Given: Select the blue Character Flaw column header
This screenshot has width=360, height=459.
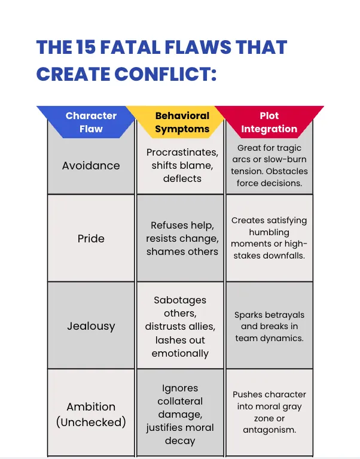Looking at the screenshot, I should [x=91, y=122].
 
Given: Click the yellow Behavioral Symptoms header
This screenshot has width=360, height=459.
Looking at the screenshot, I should [x=182, y=122].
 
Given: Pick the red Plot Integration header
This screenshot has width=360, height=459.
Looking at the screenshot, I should [x=269, y=122].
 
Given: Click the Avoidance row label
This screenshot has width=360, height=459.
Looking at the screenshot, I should [x=91, y=165].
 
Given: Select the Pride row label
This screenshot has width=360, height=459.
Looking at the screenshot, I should [x=91, y=238].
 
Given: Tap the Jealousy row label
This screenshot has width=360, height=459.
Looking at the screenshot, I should [x=91, y=326].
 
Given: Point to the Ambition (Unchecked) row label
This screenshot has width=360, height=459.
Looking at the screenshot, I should [x=91, y=414].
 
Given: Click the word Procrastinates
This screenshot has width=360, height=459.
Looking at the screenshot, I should [x=182, y=152].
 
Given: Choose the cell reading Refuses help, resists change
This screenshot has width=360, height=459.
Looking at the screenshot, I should [x=182, y=238].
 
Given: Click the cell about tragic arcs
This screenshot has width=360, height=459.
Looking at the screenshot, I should [x=269, y=165].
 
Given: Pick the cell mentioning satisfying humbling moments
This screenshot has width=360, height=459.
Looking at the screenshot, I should [x=269, y=238].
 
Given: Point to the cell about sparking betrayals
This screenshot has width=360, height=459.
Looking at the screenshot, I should [x=269, y=326].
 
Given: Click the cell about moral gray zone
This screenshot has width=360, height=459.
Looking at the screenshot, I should [x=269, y=412].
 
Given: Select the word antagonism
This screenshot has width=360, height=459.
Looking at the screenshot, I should [x=269, y=430].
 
